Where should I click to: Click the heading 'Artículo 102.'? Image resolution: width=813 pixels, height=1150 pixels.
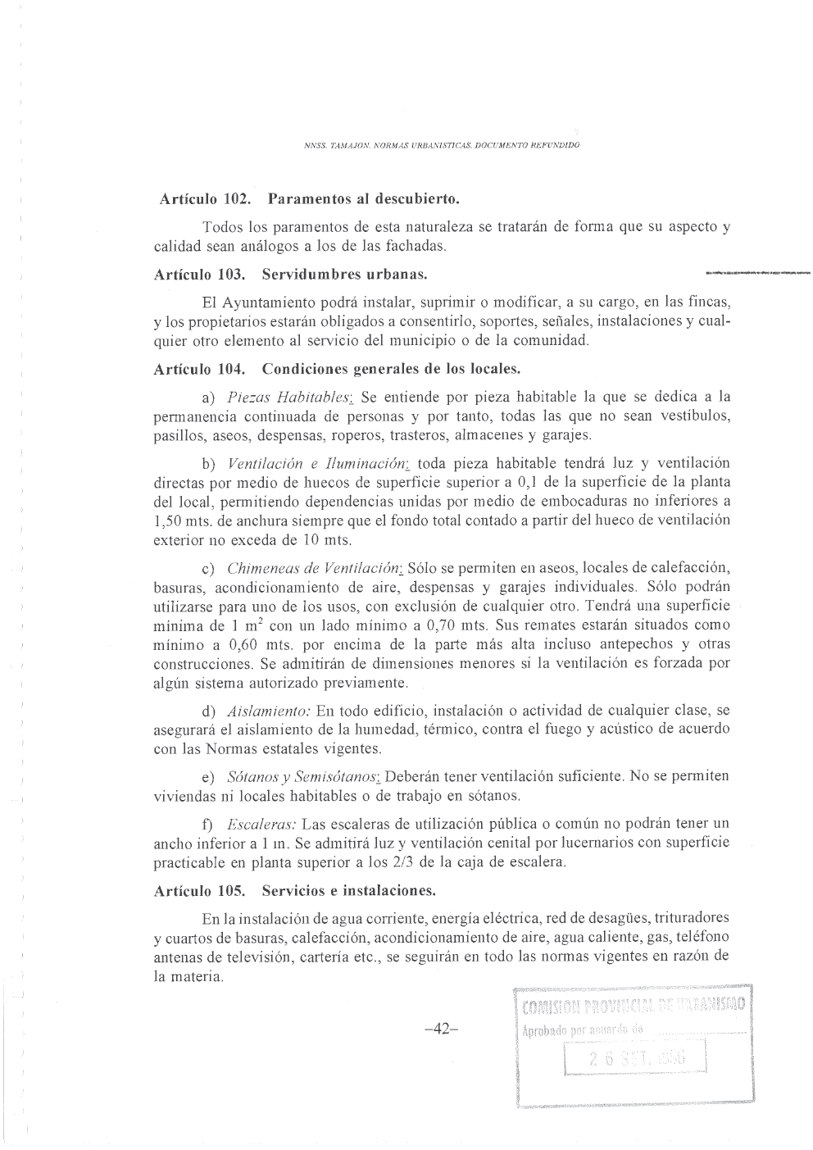coord(197,199)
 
